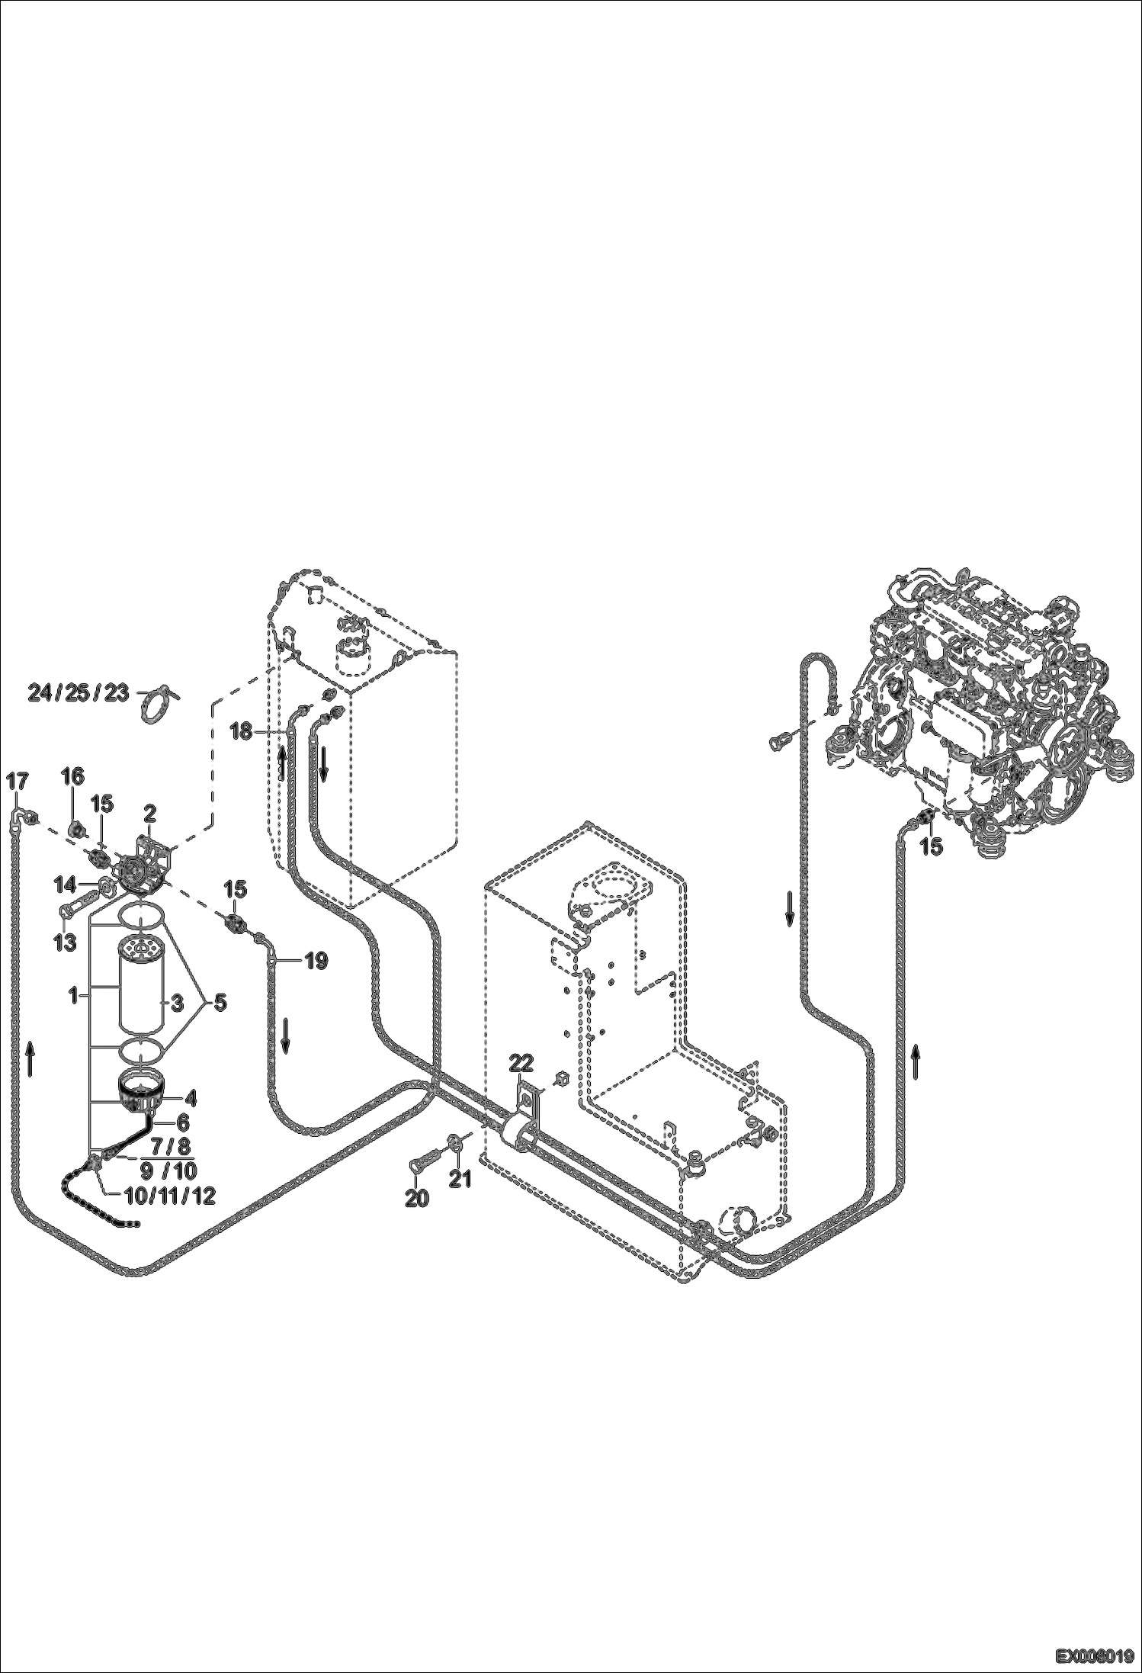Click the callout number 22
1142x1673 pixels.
click(522, 1064)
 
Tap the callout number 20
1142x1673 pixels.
click(416, 1198)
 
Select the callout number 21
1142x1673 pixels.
click(460, 1179)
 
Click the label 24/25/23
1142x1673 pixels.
click(78, 693)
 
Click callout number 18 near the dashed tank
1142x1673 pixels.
click(241, 732)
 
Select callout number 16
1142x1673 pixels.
click(72, 777)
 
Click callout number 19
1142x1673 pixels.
click(316, 962)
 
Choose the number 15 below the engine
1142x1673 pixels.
click(932, 846)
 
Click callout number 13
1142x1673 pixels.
click(66, 942)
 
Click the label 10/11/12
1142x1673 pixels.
click(168, 1196)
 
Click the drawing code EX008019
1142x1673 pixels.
click(1094, 1655)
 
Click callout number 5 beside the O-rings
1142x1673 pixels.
click(219, 1003)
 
